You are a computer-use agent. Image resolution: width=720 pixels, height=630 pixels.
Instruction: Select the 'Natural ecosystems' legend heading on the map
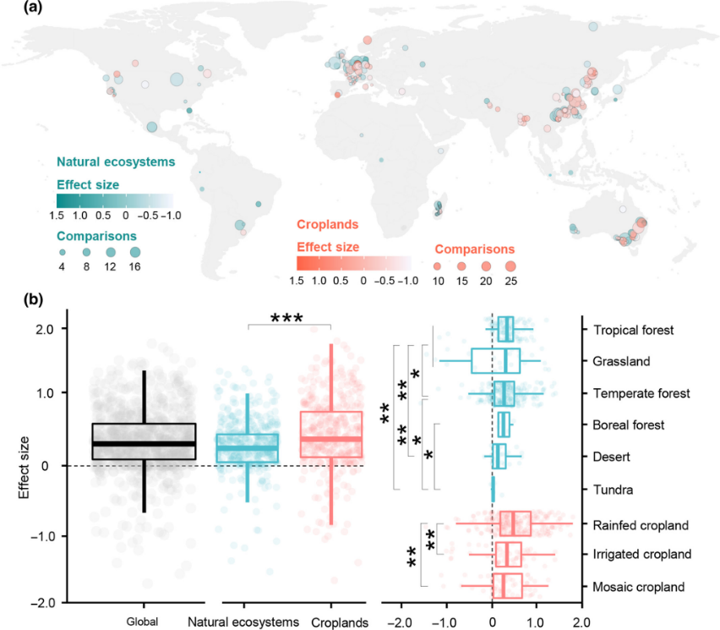pos(116,161)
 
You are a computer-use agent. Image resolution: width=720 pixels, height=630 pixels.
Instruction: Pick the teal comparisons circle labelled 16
pos(135,252)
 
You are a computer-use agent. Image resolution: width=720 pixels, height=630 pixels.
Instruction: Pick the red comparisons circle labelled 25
pos(510,266)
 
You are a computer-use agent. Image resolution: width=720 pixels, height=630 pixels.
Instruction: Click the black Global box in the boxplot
pos(144,441)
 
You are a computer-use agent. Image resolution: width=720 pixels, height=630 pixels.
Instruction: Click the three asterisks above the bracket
pos(288,318)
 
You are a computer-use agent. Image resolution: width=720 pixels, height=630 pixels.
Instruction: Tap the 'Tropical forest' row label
pos(635,330)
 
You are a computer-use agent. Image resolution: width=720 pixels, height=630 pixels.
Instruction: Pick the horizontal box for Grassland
pos(496,361)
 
